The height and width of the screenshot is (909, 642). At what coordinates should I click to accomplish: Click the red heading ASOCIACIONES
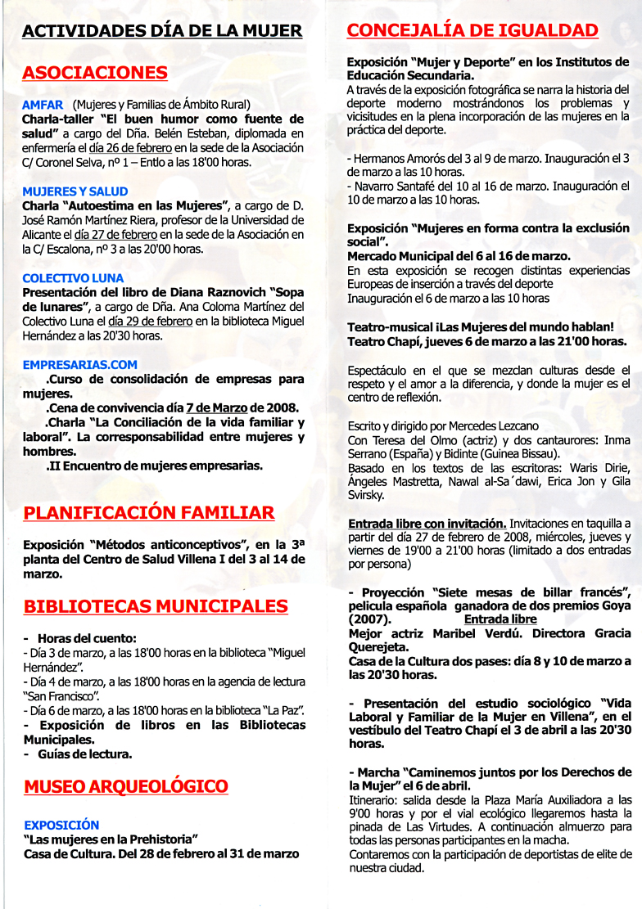95,73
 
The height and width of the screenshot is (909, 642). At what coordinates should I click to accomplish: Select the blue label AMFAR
43,105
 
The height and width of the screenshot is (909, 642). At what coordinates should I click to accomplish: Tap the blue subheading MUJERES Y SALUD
75,191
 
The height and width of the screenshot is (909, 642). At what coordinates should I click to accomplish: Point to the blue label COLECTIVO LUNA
72,278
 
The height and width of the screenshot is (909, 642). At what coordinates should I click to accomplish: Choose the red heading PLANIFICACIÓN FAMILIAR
148,513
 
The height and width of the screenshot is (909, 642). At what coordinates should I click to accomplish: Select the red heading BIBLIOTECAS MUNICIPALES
156,606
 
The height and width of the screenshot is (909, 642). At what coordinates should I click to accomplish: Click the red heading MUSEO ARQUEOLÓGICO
126,787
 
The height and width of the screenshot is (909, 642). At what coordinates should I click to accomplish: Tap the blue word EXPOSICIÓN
61,826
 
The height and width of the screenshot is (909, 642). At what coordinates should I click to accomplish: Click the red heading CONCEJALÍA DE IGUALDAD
472,31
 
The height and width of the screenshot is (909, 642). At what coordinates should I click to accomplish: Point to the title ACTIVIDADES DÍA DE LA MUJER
162,32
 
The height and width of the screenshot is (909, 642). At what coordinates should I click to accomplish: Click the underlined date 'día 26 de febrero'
130,148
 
